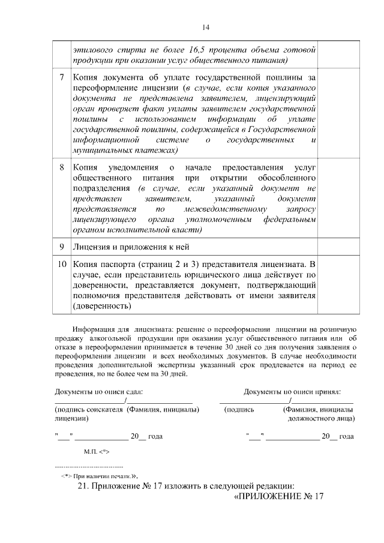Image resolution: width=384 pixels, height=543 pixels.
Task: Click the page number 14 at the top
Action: [205, 27]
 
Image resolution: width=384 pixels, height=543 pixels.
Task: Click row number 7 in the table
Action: [62, 78]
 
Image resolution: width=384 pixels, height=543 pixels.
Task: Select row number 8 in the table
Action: [62, 167]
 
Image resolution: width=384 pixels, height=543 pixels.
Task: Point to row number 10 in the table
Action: [62, 263]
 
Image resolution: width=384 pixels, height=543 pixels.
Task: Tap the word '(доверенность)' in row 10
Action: [101, 306]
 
